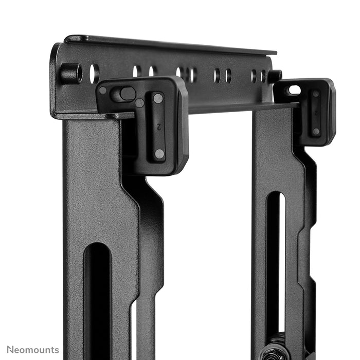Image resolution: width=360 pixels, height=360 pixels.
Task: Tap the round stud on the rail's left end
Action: [x=70, y=74]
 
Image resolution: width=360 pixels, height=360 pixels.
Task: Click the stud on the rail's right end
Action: [x=275, y=76]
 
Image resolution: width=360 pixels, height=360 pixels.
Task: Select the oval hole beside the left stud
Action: [x=94, y=74]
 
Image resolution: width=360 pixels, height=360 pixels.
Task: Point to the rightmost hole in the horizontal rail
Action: [x=263, y=76]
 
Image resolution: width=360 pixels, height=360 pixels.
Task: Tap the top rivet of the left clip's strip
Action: [x=158, y=98]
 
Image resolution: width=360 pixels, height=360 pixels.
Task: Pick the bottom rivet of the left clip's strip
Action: [x=159, y=153]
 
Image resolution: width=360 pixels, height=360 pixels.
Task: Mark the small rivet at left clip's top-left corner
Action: [x=103, y=90]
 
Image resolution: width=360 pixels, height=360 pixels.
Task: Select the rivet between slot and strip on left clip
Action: [x=139, y=103]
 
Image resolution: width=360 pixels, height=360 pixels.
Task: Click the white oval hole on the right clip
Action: [x=294, y=90]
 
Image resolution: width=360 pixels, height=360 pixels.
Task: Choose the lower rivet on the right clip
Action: [x=316, y=132]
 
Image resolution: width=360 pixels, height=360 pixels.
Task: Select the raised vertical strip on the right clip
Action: [x=315, y=113]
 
